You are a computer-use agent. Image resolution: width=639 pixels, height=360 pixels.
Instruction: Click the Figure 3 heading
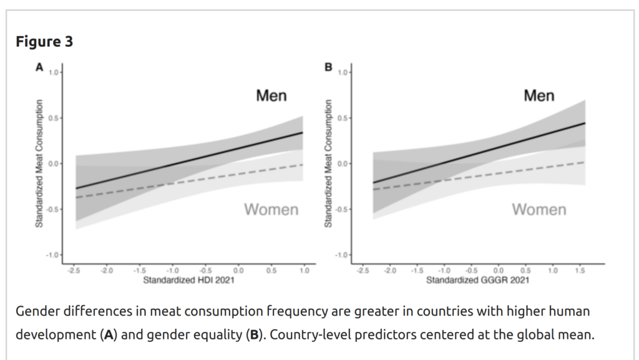click(x=44, y=42)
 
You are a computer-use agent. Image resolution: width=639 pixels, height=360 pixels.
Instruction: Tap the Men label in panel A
click(x=271, y=95)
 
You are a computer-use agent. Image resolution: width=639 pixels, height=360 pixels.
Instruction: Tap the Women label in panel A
click(x=271, y=210)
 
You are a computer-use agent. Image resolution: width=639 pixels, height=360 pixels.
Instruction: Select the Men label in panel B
click(x=539, y=95)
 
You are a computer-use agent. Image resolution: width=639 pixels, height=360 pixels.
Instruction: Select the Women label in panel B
click(x=539, y=210)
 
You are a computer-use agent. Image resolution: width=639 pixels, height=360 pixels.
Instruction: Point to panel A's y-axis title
click(x=39, y=163)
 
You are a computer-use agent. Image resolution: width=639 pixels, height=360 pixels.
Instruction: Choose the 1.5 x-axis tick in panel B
click(x=580, y=271)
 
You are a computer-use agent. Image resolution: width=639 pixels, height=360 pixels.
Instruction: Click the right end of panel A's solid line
click(x=303, y=132)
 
